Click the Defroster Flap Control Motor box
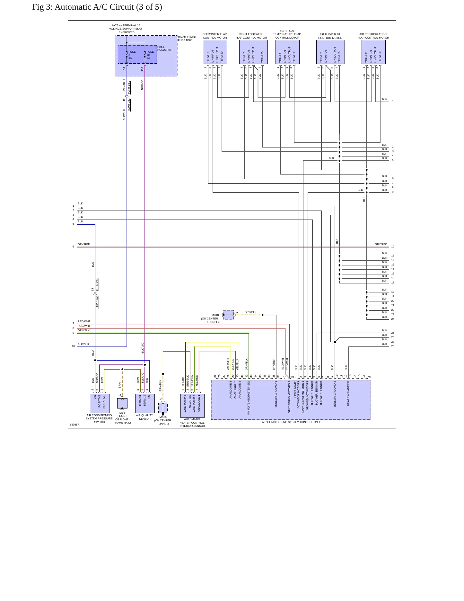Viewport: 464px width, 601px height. pos(215,52)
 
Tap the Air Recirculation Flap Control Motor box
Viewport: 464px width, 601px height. pos(373,52)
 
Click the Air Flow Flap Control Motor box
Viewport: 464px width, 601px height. pos(330,52)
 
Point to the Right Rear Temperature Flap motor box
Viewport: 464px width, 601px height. pos(287,52)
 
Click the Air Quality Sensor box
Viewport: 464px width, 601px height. pos(145,403)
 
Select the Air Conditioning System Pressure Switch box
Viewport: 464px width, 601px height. pos(100,403)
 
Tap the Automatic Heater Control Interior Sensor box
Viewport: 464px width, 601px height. pos(192,406)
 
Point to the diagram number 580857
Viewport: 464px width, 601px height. pos(74,425)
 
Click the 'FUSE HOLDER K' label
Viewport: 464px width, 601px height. pos(164,48)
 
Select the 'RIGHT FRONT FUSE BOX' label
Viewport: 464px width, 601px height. pos(187,39)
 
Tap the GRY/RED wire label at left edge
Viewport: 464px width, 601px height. pos(84,244)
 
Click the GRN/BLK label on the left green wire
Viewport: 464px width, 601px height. pos(83,330)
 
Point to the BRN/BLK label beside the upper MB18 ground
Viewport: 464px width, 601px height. pos(250,312)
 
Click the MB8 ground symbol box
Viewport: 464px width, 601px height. pos(122,403)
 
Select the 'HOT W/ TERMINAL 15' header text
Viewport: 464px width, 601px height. pos(126,25)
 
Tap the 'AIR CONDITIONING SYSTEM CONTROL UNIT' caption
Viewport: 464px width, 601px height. pos(291,422)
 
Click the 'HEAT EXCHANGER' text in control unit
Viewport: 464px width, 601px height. pos(348,394)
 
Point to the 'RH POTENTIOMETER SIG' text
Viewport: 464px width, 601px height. pos(249,398)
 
